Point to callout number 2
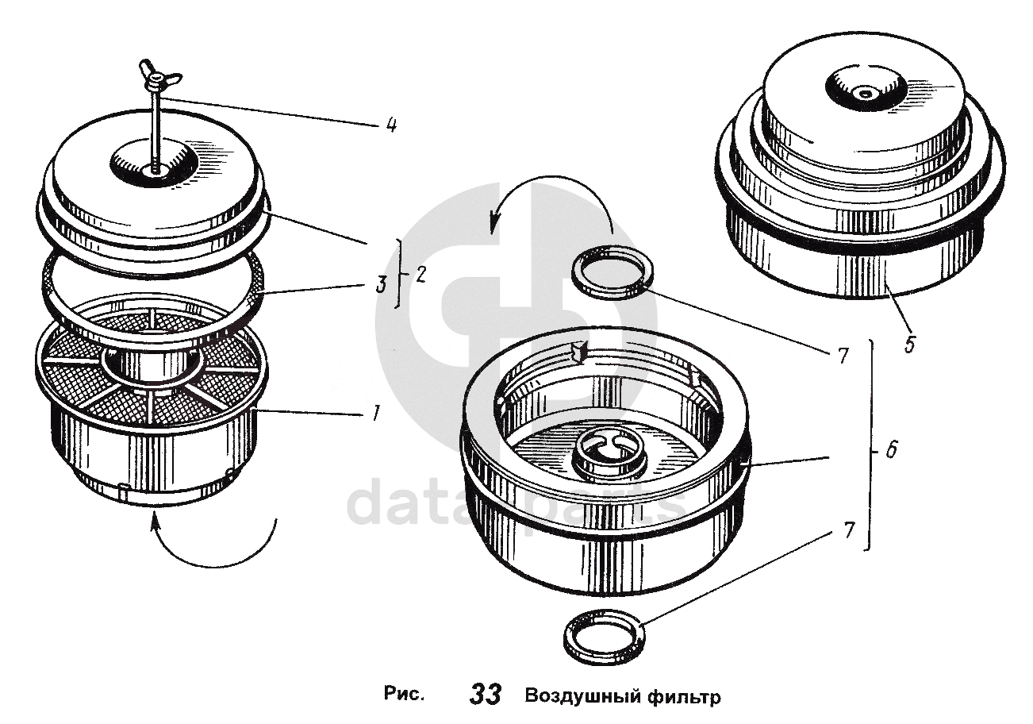(420, 275)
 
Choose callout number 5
(909, 344)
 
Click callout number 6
(891, 450)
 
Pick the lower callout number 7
(848, 530)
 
